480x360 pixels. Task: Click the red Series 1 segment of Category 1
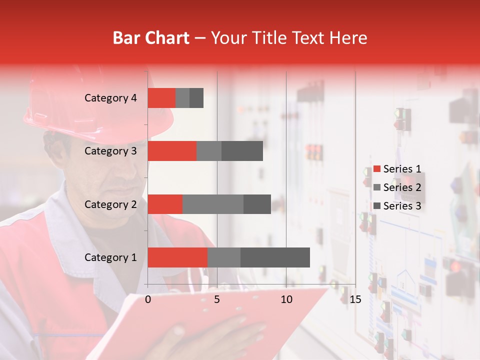[x=177, y=257]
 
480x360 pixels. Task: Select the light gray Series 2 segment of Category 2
[x=213, y=204]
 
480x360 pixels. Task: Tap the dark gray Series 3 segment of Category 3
[x=242, y=151]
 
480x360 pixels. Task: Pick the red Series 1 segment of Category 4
[x=161, y=98]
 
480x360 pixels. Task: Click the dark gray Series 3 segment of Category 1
[x=275, y=257]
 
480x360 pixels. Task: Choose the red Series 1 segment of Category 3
[x=172, y=151]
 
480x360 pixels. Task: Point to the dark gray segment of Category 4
[x=196, y=98]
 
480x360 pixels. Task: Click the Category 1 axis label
[x=110, y=257]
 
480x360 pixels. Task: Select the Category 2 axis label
[x=110, y=204]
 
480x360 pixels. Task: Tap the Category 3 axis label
[x=110, y=151]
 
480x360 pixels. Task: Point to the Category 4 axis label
[x=110, y=98]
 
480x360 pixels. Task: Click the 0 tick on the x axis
[x=148, y=299]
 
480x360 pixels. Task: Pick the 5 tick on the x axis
[x=217, y=299]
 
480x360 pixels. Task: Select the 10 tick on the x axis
[x=286, y=299]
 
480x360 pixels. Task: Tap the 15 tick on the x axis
[x=355, y=299]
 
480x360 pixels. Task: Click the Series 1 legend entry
[x=397, y=169]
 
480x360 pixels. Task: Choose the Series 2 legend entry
[x=397, y=187]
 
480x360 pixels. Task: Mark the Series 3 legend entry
[x=397, y=206]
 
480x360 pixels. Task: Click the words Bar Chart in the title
[x=151, y=38]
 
